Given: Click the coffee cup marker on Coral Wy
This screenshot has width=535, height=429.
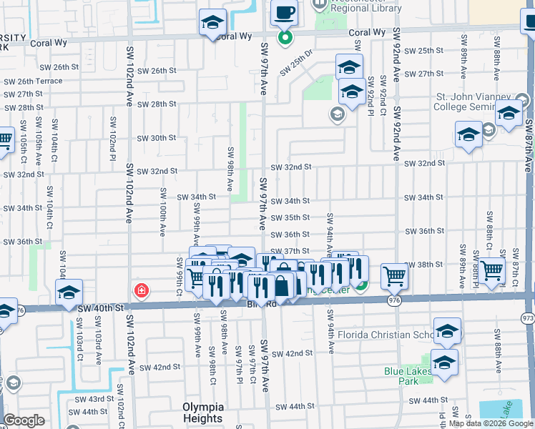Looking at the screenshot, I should (x=284, y=13).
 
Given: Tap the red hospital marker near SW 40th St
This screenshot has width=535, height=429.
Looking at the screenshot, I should (x=142, y=290).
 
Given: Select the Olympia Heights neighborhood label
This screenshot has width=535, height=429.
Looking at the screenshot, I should (x=202, y=413).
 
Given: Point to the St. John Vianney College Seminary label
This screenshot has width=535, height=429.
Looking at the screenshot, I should (x=473, y=102).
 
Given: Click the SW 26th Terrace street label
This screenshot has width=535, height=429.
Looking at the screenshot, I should (x=33, y=82).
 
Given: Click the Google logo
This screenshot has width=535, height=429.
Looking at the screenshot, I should (x=24, y=420).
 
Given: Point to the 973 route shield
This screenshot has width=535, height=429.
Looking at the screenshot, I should (x=529, y=317).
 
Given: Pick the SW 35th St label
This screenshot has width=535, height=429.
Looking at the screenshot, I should (x=290, y=217).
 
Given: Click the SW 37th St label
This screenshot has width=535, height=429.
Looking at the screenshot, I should (x=290, y=251).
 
